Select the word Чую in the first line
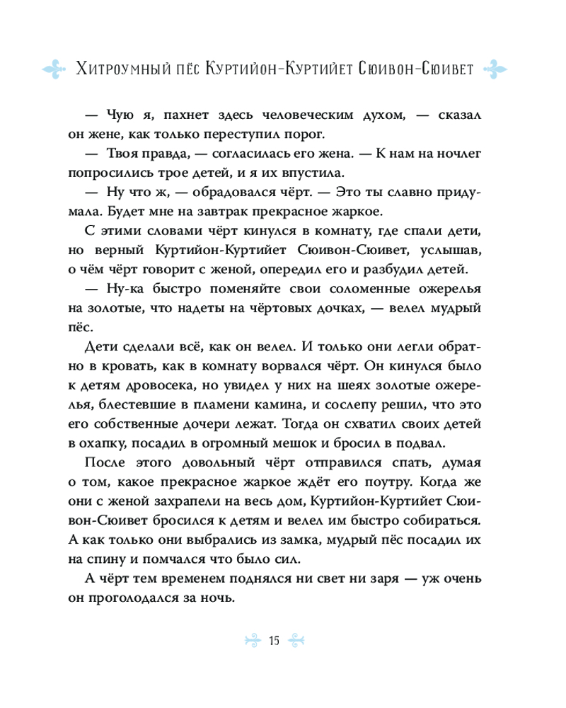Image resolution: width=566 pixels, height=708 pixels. pyautogui.click(x=120, y=116)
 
